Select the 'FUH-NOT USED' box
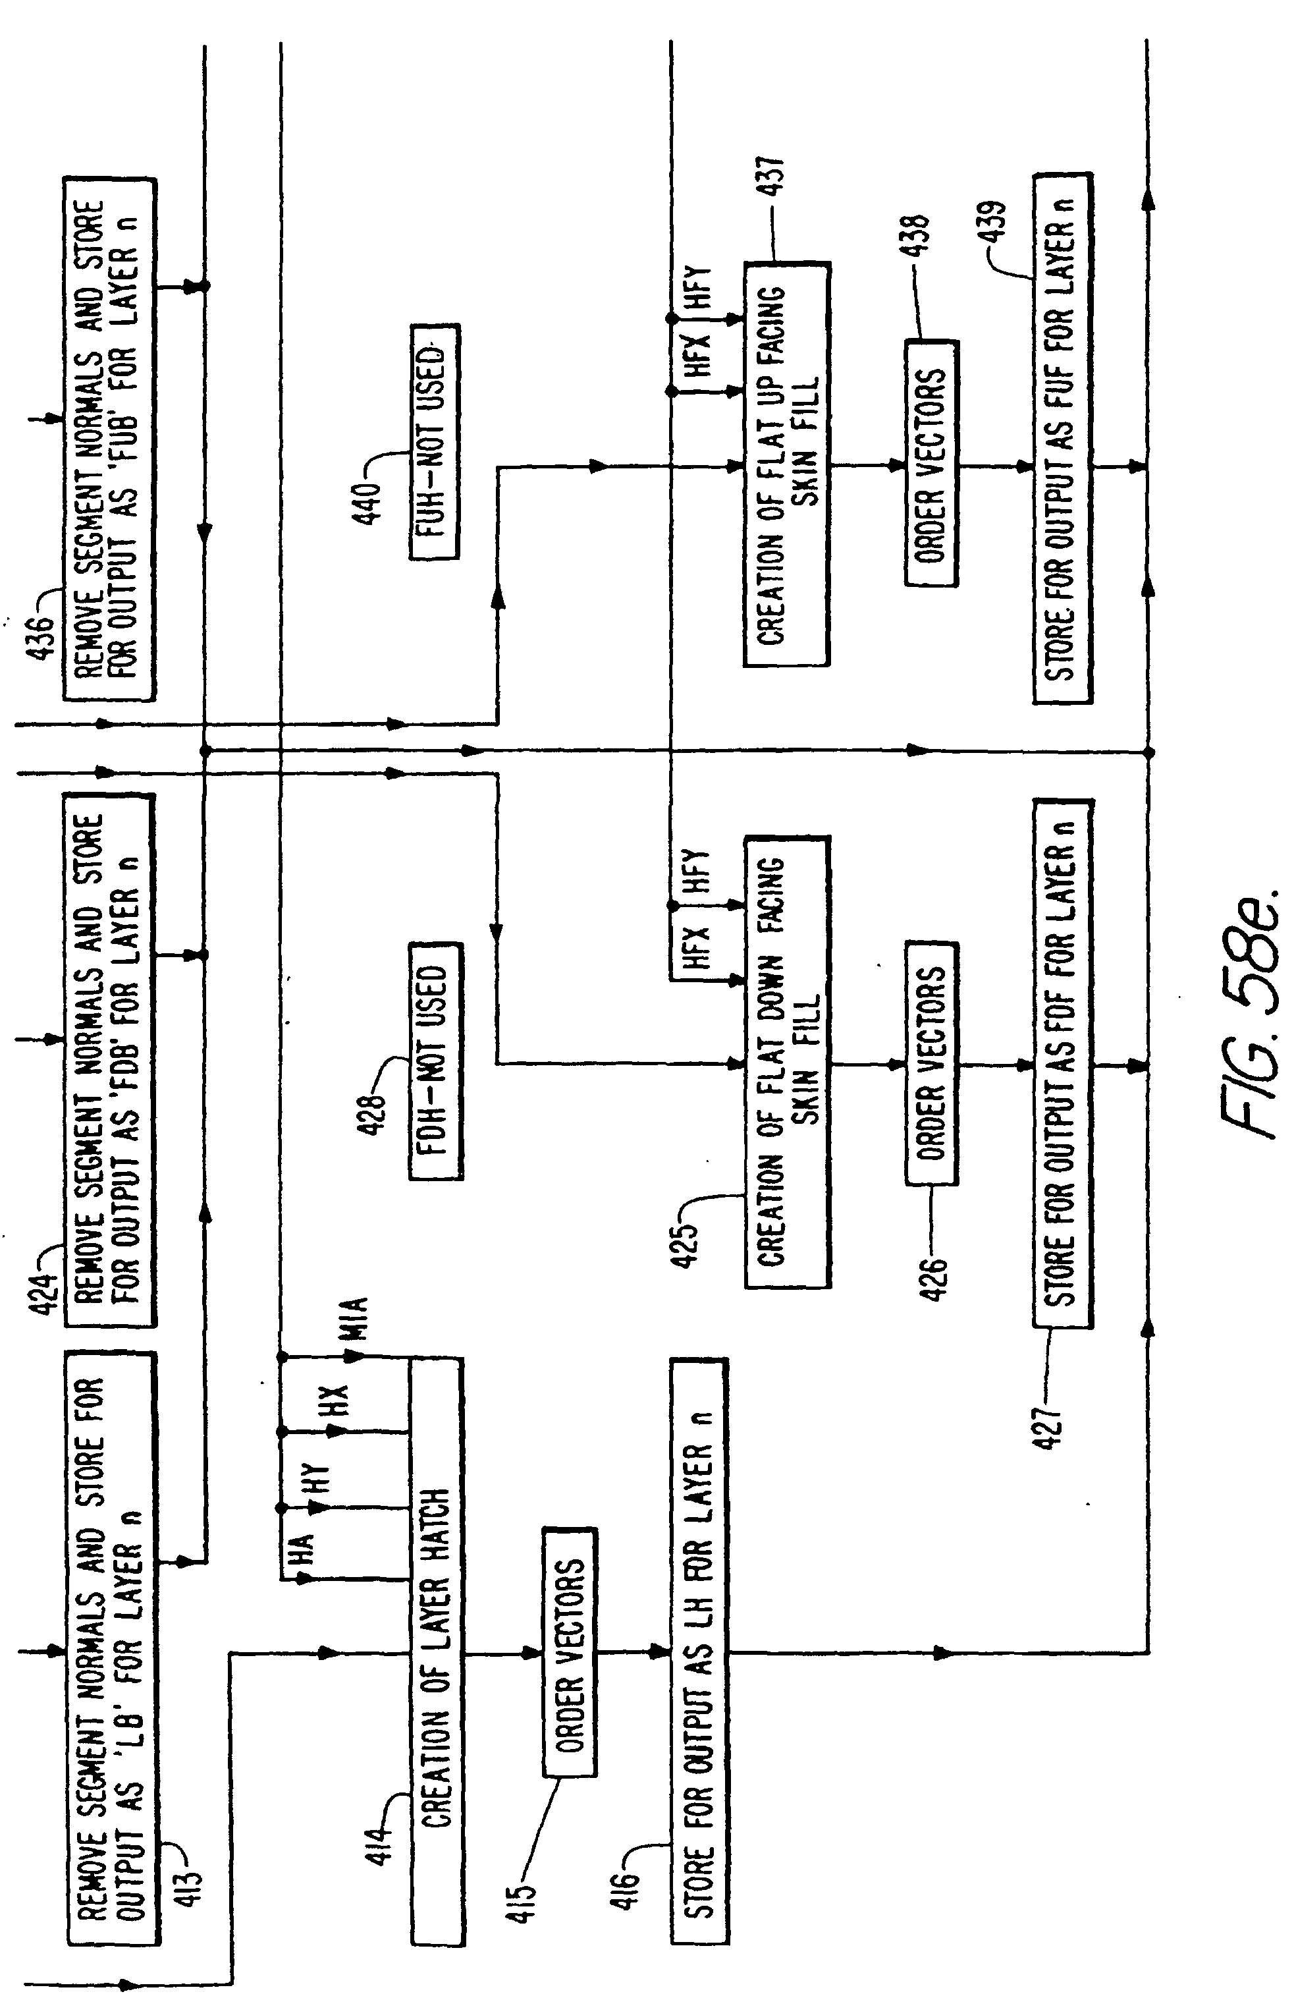[435, 441]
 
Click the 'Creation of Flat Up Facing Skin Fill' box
[786, 464]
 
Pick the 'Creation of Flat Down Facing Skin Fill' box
[786, 1061]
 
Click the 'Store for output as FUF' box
[1062, 437]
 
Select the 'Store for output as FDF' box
[1062, 1063]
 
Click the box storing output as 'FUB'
[109, 438]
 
